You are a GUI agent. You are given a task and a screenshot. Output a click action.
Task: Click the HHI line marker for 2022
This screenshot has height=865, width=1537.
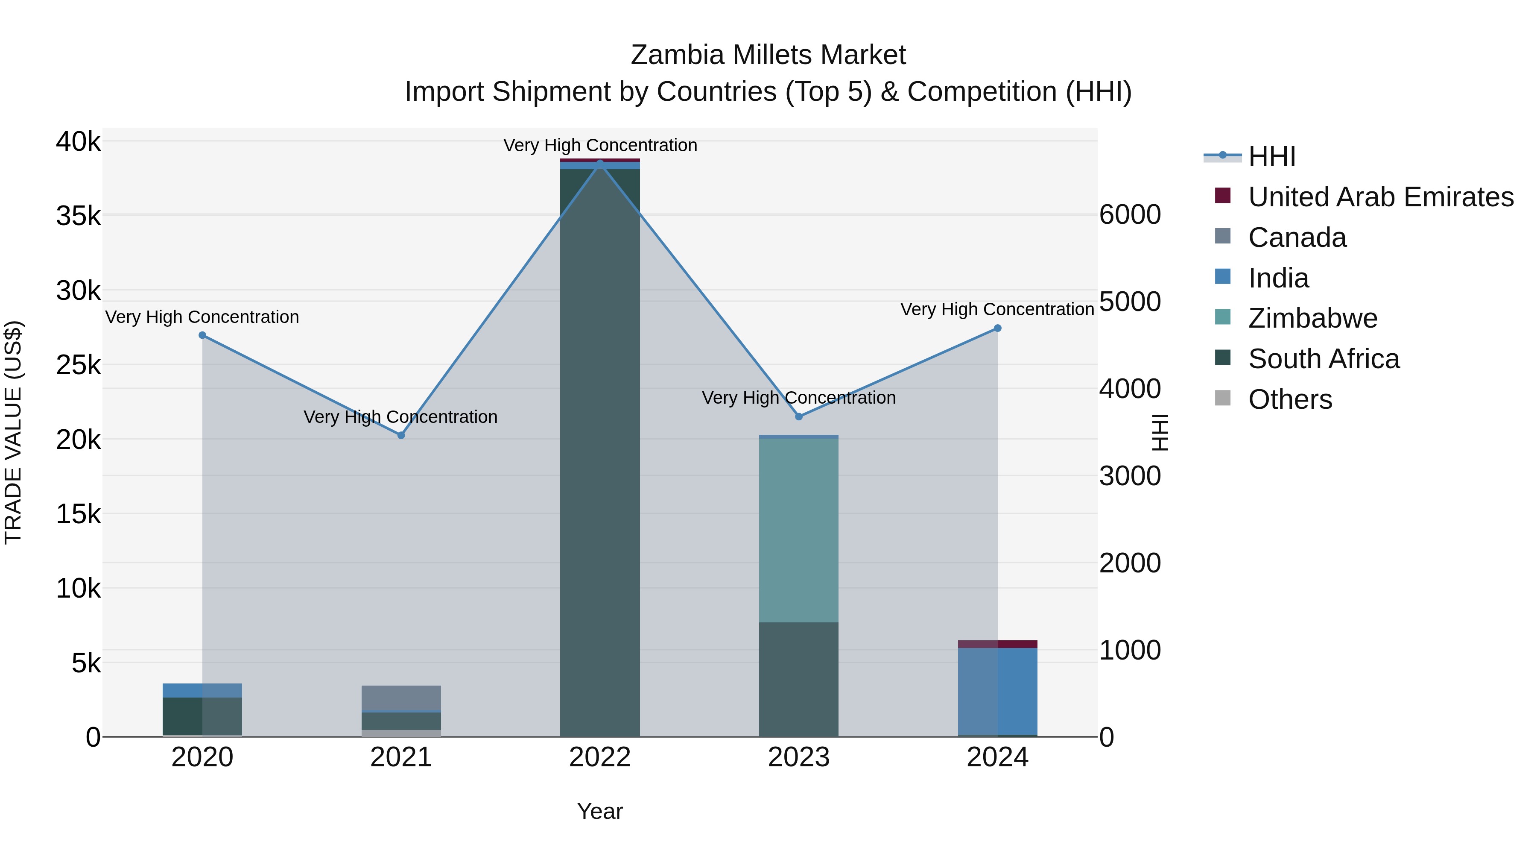600,163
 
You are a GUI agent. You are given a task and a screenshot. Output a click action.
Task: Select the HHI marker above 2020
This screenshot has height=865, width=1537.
202,335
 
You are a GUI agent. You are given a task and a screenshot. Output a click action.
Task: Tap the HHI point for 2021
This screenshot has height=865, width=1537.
401,436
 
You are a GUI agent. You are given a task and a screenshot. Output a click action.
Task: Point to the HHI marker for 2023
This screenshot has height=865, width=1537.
799,416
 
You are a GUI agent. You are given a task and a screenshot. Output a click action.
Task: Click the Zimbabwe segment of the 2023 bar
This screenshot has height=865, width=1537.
799,530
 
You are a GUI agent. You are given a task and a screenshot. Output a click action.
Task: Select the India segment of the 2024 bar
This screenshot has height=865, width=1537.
998,691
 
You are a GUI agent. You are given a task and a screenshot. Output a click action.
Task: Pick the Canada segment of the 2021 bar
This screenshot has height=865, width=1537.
401,698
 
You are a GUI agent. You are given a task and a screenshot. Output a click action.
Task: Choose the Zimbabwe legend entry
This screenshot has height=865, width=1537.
1313,318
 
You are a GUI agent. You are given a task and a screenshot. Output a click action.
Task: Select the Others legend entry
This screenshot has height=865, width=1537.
1289,399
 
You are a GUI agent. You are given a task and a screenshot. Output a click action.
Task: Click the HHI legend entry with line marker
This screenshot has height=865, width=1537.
1271,156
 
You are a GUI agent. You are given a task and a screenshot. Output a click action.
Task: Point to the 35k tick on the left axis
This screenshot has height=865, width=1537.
79,216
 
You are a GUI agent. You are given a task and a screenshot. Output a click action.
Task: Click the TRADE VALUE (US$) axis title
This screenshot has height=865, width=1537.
13,432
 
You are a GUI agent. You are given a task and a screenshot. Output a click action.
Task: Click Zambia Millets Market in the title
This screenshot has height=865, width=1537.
768,55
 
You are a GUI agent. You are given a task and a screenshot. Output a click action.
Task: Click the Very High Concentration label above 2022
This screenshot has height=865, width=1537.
600,145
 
